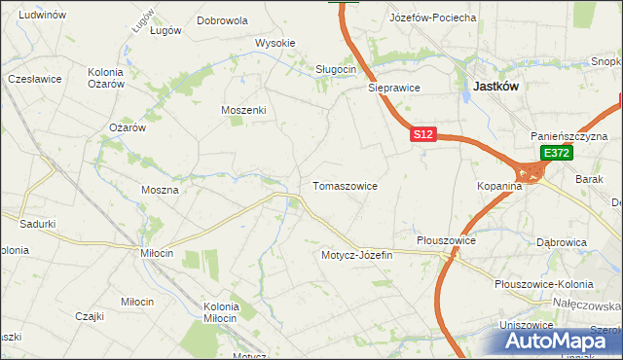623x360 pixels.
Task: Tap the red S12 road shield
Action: tap(421, 135)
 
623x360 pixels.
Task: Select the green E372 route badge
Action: tap(557, 154)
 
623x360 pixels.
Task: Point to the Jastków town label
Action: tap(495, 86)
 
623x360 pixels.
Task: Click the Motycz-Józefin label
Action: tap(356, 255)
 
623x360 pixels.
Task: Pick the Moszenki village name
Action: tap(243, 110)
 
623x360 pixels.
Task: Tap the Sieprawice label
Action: tap(393, 87)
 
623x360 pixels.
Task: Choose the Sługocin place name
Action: tap(336, 69)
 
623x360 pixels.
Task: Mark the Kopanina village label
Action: tap(501, 185)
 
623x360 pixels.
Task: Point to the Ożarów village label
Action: tap(127, 127)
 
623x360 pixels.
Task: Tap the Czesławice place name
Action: tap(34, 78)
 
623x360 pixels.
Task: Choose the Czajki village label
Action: tap(90, 316)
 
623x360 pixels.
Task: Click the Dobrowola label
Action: tap(222, 19)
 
